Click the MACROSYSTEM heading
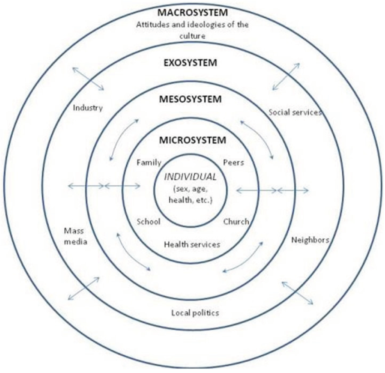(192, 12)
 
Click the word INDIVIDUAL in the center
(191, 176)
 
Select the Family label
(146, 162)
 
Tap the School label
(148, 222)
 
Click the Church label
(237, 222)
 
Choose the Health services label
(192, 244)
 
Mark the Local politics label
(195, 313)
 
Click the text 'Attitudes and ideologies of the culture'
(192, 29)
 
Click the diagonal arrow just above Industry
(88, 78)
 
